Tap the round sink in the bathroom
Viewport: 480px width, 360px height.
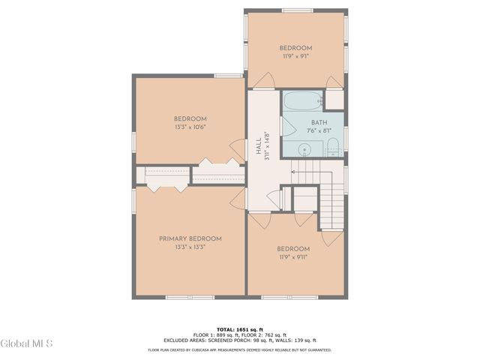tap(304, 149)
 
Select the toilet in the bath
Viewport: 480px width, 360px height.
tap(334, 147)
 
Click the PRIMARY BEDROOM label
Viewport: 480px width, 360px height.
tap(190, 238)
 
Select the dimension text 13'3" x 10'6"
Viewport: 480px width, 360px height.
tap(190, 127)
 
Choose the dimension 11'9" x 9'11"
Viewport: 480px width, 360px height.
tap(293, 257)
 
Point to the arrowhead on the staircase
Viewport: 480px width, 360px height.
tap(293, 172)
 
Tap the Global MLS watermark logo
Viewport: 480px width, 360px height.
tap(27, 344)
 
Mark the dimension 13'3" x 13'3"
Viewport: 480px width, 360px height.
tap(190, 247)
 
